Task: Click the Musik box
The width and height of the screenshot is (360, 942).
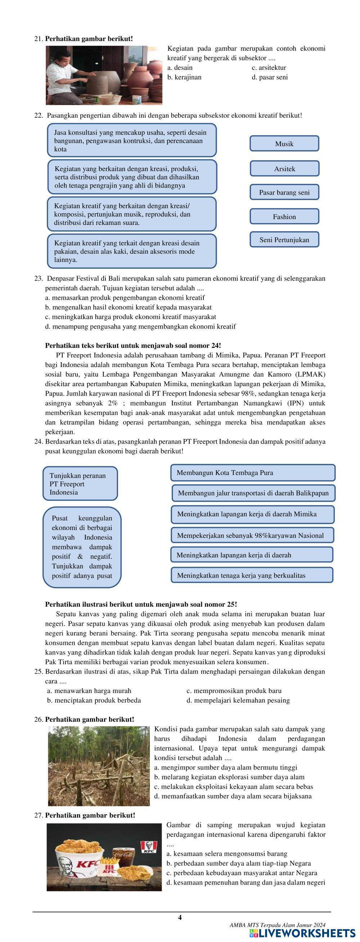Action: click(284, 144)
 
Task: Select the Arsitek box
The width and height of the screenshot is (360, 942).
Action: click(284, 169)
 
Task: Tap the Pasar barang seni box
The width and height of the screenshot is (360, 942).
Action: click(284, 193)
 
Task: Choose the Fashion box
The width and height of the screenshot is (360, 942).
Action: click(284, 217)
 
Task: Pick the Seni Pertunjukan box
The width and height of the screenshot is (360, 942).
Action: click(284, 240)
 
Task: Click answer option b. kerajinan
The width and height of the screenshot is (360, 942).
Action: click(184, 77)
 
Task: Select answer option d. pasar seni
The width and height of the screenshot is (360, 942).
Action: click(270, 77)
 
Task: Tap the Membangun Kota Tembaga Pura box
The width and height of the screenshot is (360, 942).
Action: click(253, 472)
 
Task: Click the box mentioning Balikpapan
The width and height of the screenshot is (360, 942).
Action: click(253, 493)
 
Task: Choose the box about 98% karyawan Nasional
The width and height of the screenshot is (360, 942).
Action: click(252, 535)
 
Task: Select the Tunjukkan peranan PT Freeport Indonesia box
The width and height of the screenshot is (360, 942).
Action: click(80, 484)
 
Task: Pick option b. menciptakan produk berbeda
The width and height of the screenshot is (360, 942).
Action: click(94, 700)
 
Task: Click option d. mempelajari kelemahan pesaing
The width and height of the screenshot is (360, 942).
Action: click(238, 700)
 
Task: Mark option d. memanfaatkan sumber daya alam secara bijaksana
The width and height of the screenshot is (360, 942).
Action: click(233, 796)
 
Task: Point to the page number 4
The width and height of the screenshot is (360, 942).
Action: click(180, 917)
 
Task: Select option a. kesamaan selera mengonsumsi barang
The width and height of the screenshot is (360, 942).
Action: click(227, 853)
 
